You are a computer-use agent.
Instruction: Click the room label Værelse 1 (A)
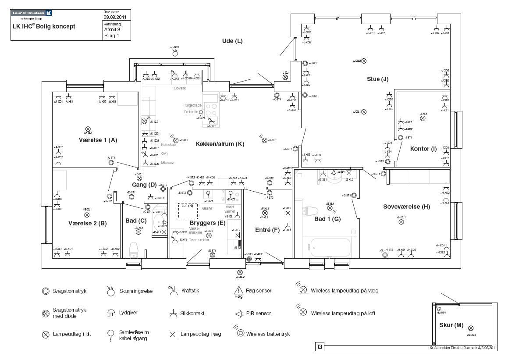pyautogui.click(x=98, y=140)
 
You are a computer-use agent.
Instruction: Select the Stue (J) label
pyautogui.click(x=378, y=79)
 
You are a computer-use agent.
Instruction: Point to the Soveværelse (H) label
pyautogui.click(x=406, y=207)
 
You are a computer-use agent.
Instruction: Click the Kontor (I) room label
pyautogui.click(x=423, y=149)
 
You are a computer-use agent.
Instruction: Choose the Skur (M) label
pyautogui.click(x=451, y=325)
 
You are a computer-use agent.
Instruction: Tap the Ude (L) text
pyautogui.click(x=232, y=41)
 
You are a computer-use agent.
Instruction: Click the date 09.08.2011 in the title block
pyautogui.click(x=115, y=18)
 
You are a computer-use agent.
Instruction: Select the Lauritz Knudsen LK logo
pyautogui.click(x=32, y=14)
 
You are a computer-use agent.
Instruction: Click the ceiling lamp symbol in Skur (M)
pyautogui.click(x=471, y=328)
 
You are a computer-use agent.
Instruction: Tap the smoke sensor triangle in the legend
pyautogui.click(x=238, y=290)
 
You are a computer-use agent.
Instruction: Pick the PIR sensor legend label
pyautogui.click(x=259, y=314)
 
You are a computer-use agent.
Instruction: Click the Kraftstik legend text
pyautogui.click(x=192, y=290)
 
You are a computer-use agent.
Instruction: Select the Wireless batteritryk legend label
pyautogui.click(x=268, y=334)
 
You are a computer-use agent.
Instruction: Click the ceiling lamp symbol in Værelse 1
pyautogui.click(x=88, y=129)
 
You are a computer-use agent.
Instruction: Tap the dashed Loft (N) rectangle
pyautogui.click(x=188, y=210)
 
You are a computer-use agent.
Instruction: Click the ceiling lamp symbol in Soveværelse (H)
pyautogui.click(x=401, y=222)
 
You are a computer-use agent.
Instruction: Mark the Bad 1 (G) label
pyautogui.click(x=327, y=218)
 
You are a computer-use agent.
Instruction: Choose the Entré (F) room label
pyautogui.click(x=267, y=230)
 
